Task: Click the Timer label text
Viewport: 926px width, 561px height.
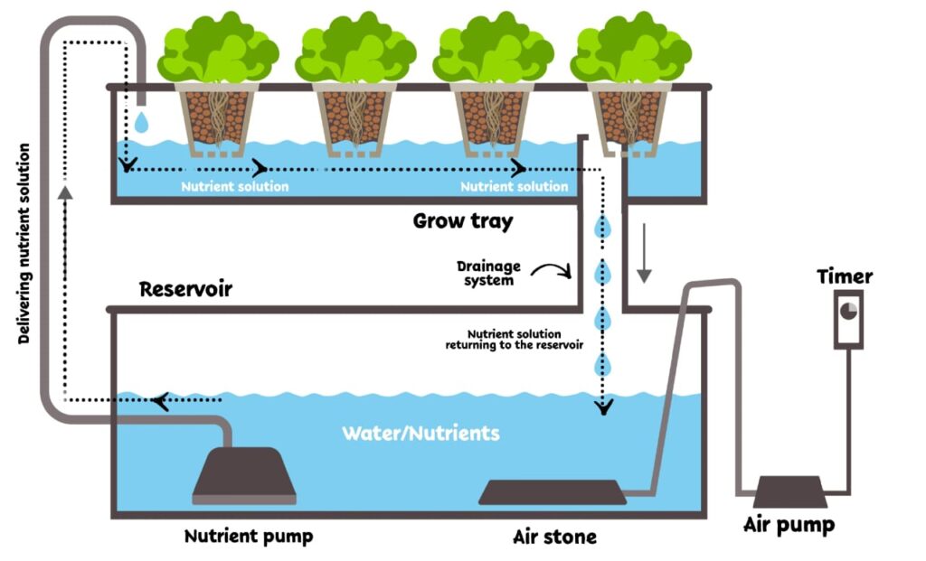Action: click(845, 276)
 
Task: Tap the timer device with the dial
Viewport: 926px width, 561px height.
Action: click(848, 318)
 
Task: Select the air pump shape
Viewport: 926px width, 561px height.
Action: click(789, 491)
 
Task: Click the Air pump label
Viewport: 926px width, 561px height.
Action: click(789, 525)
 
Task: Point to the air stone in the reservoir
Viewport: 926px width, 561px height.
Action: click(552, 492)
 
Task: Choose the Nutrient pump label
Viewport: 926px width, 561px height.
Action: click(249, 536)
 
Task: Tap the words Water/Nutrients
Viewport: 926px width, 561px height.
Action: click(420, 433)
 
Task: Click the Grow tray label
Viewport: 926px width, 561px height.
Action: click(463, 220)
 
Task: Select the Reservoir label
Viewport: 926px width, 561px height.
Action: click(185, 290)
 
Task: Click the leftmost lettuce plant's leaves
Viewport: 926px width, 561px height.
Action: click(217, 50)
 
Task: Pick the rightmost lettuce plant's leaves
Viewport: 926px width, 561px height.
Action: click(630, 50)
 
